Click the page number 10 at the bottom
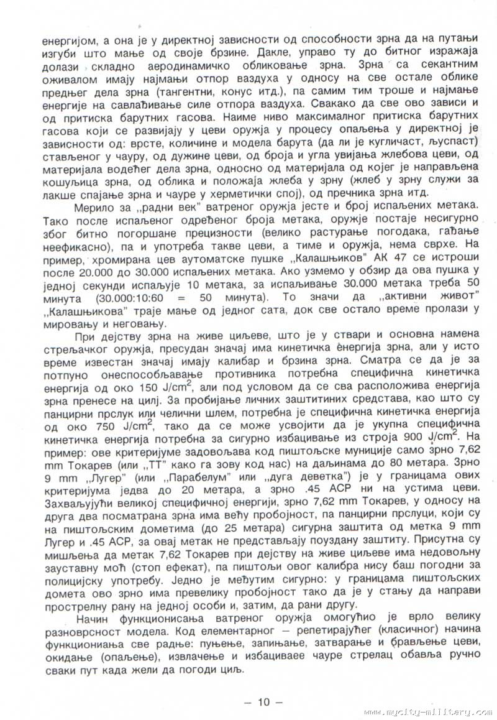(263, 703)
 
